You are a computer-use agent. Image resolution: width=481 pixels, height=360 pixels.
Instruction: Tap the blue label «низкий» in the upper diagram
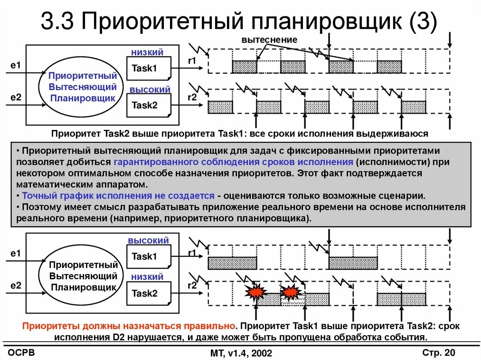(x=147, y=53)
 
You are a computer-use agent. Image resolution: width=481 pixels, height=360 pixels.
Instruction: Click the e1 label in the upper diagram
(x=16, y=66)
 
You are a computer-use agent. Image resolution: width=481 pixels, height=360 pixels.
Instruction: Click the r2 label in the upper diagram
(x=192, y=98)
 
